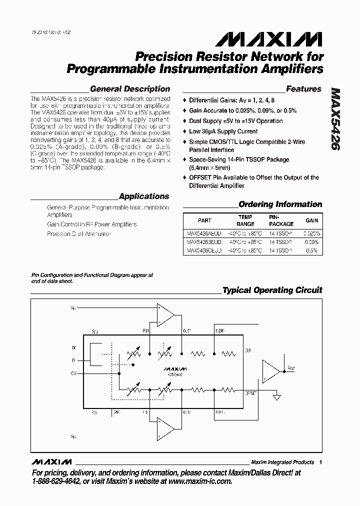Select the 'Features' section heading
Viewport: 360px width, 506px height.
[x=303, y=89]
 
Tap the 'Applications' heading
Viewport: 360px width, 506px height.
[x=144, y=196]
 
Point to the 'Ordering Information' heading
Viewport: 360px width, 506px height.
[x=280, y=204]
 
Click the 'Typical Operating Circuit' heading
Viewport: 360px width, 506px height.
[x=272, y=290]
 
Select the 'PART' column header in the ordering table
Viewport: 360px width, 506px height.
[x=204, y=220]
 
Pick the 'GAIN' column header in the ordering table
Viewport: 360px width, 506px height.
[x=312, y=220]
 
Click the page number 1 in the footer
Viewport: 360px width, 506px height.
[x=320, y=462]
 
